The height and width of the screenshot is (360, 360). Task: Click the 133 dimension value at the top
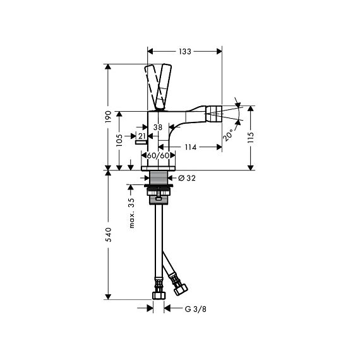click(x=185, y=51)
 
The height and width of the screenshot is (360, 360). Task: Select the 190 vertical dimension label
click(x=108, y=117)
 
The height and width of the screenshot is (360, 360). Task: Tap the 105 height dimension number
click(x=119, y=140)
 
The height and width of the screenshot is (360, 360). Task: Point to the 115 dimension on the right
click(x=251, y=138)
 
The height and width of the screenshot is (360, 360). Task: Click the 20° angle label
click(x=228, y=135)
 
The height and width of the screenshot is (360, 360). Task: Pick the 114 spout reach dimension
click(x=191, y=147)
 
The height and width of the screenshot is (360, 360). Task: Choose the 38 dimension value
click(x=158, y=127)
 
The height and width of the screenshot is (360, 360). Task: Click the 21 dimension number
click(x=142, y=136)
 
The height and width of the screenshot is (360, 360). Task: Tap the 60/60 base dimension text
click(x=158, y=155)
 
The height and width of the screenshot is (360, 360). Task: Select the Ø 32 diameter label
click(x=187, y=177)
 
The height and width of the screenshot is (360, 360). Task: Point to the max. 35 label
click(x=131, y=213)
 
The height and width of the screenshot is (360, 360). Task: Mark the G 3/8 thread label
click(x=195, y=309)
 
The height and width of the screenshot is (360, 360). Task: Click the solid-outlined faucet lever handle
click(x=164, y=87)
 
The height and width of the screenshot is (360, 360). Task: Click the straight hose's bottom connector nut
click(x=159, y=296)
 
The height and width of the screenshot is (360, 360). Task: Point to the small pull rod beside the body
click(x=141, y=143)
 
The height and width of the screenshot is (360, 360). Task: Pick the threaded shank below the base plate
click(x=158, y=177)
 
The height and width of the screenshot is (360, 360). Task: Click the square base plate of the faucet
click(x=158, y=168)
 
